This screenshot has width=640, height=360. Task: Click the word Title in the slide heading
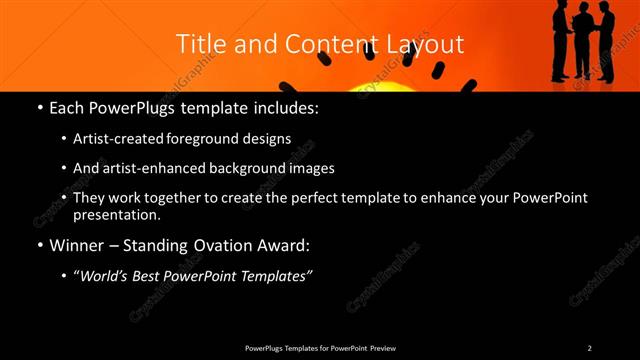point(198,44)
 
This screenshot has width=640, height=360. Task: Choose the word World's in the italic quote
point(104,275)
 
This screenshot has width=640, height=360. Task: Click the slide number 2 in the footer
point(589,348)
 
